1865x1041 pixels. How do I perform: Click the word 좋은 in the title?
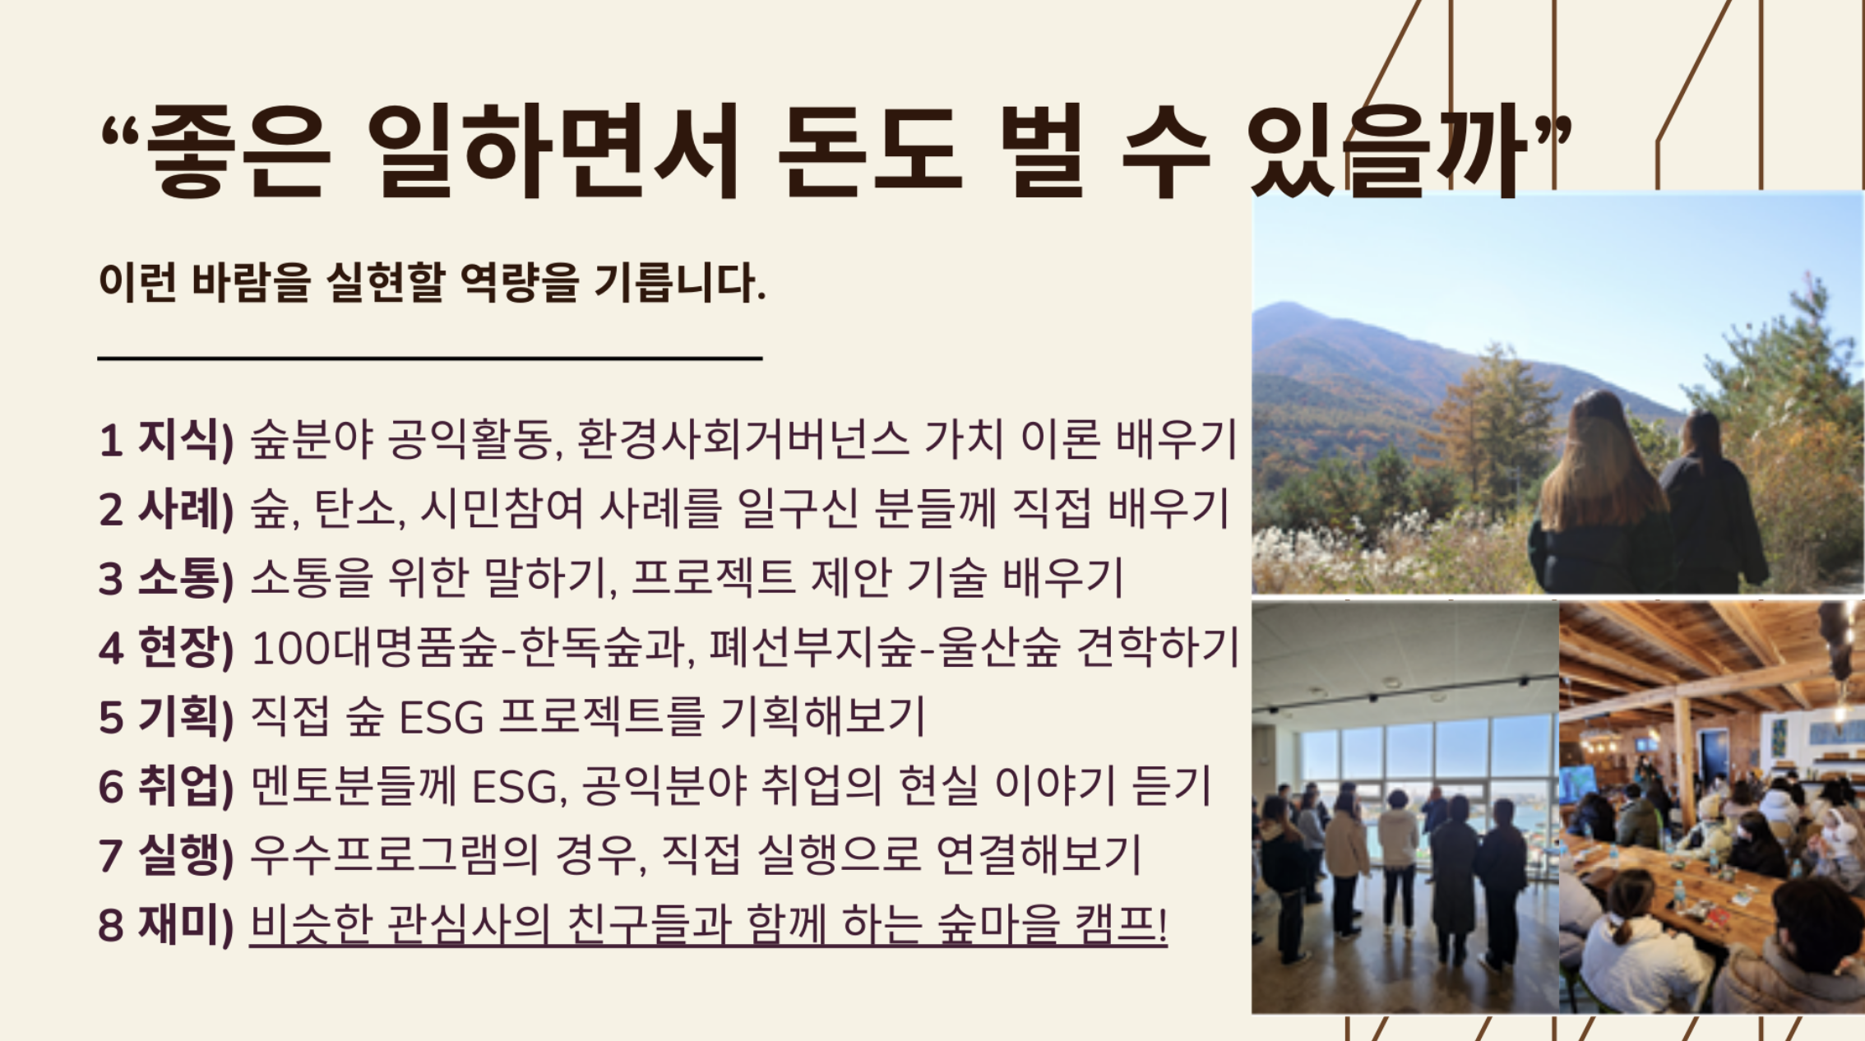(x=238, y=152)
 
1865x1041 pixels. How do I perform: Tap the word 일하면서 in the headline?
(x=554, y=152)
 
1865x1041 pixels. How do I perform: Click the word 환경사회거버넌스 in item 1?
(x=743, y=439)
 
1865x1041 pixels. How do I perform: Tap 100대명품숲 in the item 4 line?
(x=374, y=647)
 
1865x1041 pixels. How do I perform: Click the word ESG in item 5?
(x=442, y=717)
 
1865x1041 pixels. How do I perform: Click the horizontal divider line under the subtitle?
(x=430, y=359)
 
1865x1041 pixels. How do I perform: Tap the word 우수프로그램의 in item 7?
(x=394, y=855)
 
